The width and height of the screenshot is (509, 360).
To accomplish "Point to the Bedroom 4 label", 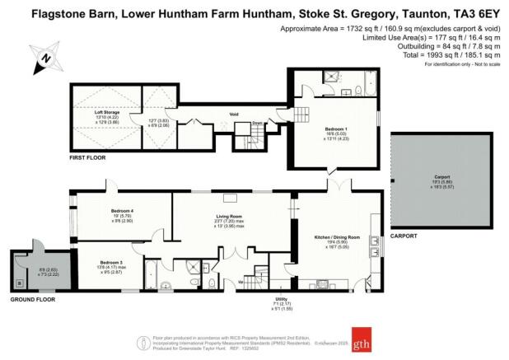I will pyautogui.click(x=122, y=211).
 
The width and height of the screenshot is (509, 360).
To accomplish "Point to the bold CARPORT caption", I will pyautogui.click(x=403, y=236).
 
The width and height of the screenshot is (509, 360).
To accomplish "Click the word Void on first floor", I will pyautogui.click(x=222, y=115).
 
